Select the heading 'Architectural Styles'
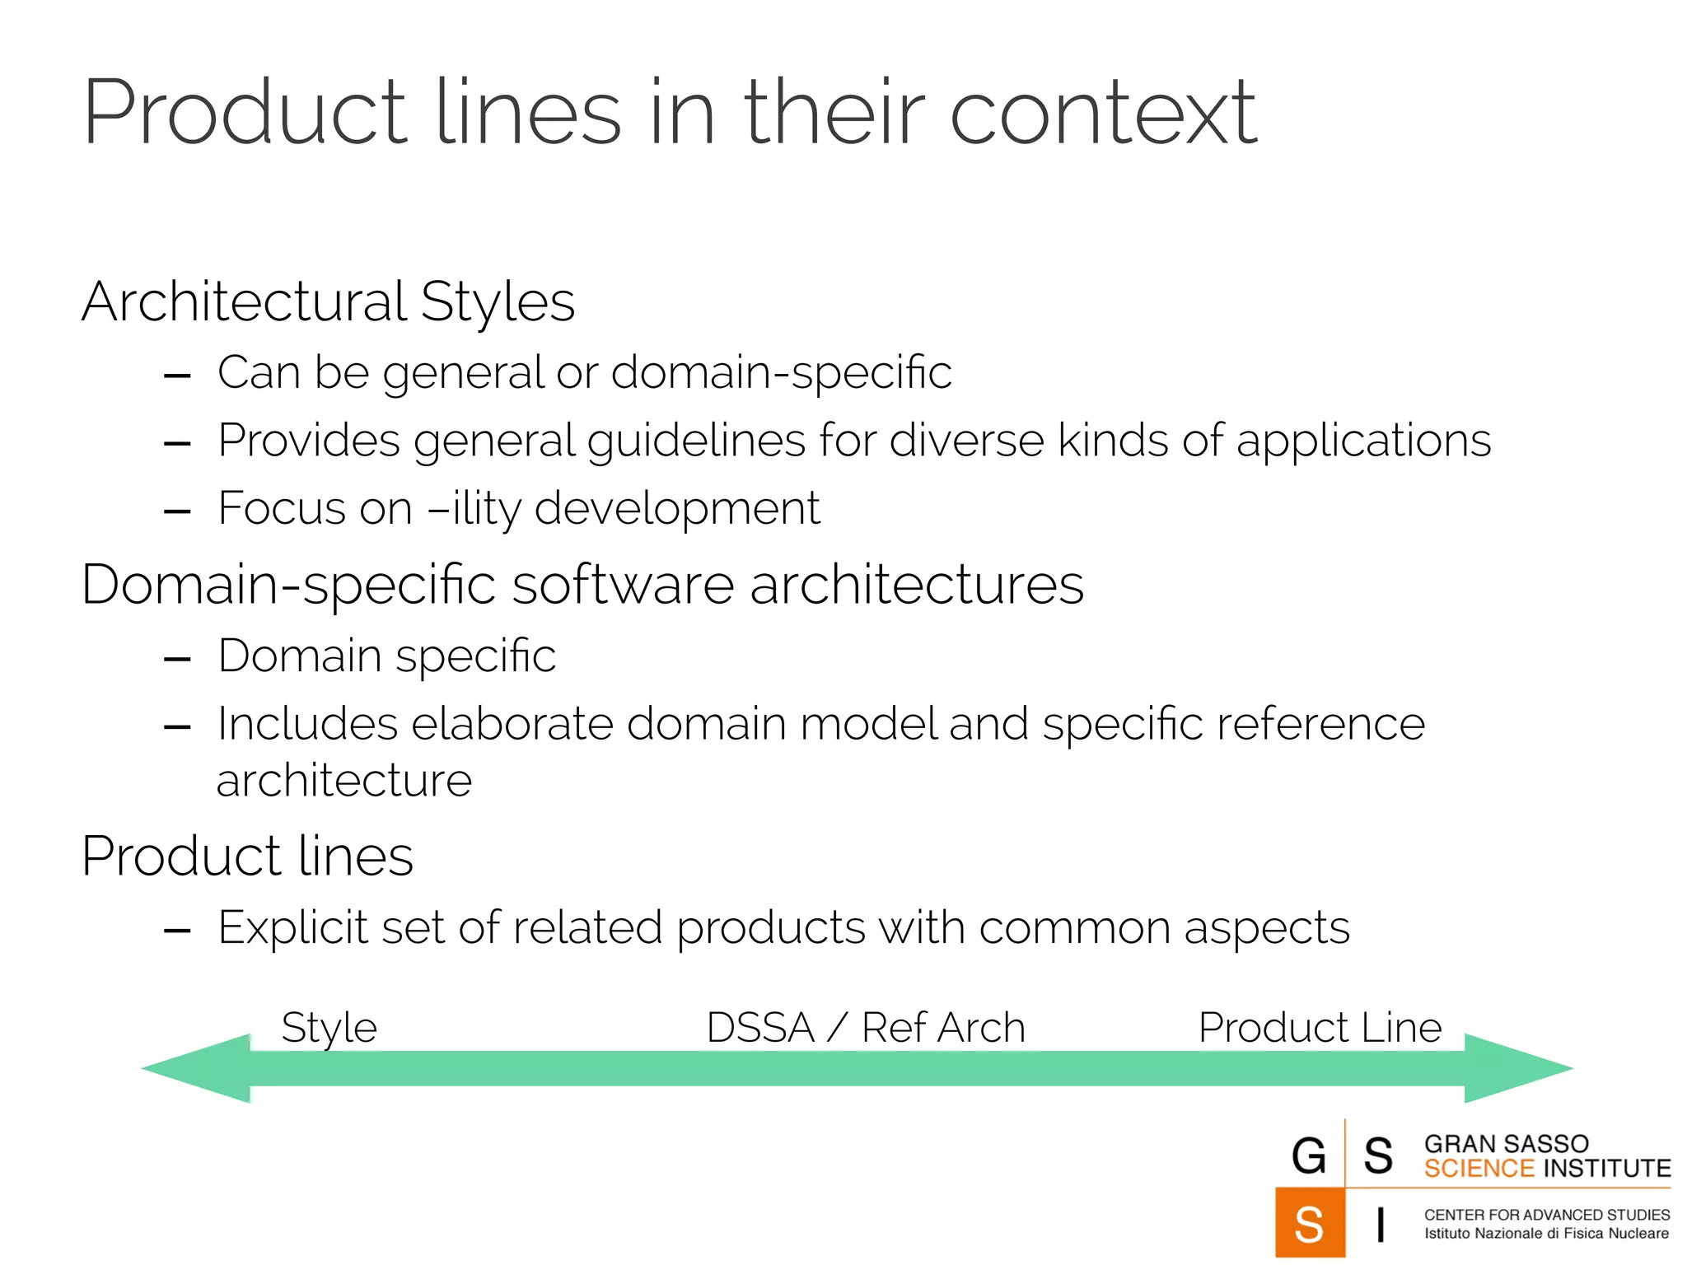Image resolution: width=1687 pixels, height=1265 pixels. coord(328,301)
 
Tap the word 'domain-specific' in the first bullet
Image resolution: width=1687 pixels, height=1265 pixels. coord(781,372)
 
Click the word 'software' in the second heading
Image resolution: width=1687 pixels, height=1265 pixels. coord(623,585)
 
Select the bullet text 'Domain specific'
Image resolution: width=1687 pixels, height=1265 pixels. coord(386,656)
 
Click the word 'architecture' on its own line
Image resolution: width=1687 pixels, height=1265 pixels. coord(343,780)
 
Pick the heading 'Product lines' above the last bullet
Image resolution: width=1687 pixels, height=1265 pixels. coord(247,857)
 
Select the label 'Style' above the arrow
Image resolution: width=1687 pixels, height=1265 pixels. coord(329,1028)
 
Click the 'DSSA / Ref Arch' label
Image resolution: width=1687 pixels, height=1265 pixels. coord(865,1028)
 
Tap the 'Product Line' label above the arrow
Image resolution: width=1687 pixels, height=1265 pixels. coord(1320,1028)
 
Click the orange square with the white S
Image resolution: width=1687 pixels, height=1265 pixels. coord(1310,1223)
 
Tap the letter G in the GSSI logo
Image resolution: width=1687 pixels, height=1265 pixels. coord(1309,1155)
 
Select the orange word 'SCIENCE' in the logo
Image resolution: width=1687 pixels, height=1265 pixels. coord(1479,1169)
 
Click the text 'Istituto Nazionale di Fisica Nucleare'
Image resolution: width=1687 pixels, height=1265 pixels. coord(1546,1234)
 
